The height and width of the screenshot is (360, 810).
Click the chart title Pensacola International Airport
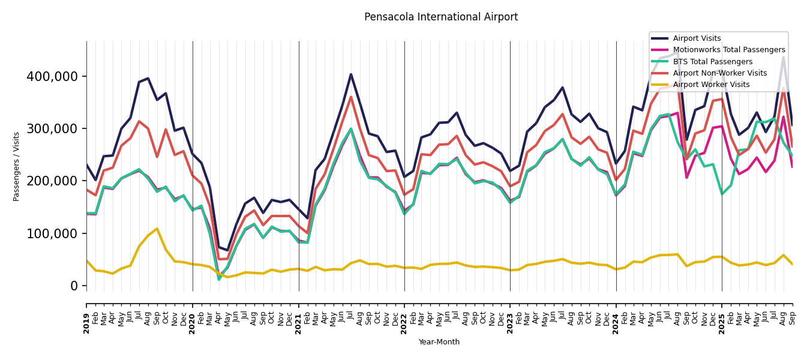click(441, 17)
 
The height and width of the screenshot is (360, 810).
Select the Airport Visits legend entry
click(697, 38)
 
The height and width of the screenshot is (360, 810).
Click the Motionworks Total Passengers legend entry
click(728, 50)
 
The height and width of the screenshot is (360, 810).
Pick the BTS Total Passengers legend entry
click(712, 62)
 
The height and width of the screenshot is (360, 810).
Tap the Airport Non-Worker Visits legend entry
click(719, 73)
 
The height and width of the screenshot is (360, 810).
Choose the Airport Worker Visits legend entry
click(711, 85)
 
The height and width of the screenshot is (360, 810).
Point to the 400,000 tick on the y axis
click(52, 77)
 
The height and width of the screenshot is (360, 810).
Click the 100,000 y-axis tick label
click(52, 234)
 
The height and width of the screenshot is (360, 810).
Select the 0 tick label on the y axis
click(74, 286)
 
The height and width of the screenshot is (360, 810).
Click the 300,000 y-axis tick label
click(52, 129)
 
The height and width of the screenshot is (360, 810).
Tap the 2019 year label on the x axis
click(87, 319)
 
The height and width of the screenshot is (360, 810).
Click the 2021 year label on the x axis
click(299, 319)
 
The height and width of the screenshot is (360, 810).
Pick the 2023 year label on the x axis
click(511, 319)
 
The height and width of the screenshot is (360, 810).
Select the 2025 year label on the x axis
click(722, 319)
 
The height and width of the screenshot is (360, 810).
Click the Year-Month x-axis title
click(439, 342)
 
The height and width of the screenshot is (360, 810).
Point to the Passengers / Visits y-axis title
click(17, 166)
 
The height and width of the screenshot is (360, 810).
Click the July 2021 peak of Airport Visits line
click(351, 74)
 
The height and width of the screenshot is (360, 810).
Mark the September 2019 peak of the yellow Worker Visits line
click(157, 229)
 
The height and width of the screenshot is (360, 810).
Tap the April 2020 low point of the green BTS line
click(219, 279)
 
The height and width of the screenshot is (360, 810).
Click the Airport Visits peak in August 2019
click(148, 78)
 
